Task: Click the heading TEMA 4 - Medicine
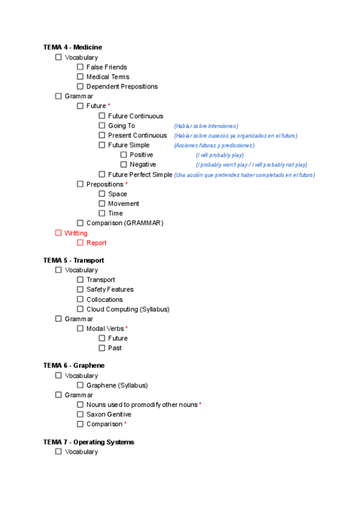73,47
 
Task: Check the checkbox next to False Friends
80,67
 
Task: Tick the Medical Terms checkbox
80,77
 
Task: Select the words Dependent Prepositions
122,86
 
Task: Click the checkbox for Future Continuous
102,116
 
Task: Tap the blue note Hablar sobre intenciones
206,126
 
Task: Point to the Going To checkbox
102,125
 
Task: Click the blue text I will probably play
220,155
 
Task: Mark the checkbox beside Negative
124,164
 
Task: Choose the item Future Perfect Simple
140,175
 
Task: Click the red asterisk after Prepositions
127,184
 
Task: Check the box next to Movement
102,203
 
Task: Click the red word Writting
76,233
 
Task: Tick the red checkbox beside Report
80,242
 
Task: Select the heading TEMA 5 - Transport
73,261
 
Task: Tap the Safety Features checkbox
80,289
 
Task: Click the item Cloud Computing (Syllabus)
128,309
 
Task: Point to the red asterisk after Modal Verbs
127,328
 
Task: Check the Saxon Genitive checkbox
80,414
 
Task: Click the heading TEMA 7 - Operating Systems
88,442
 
